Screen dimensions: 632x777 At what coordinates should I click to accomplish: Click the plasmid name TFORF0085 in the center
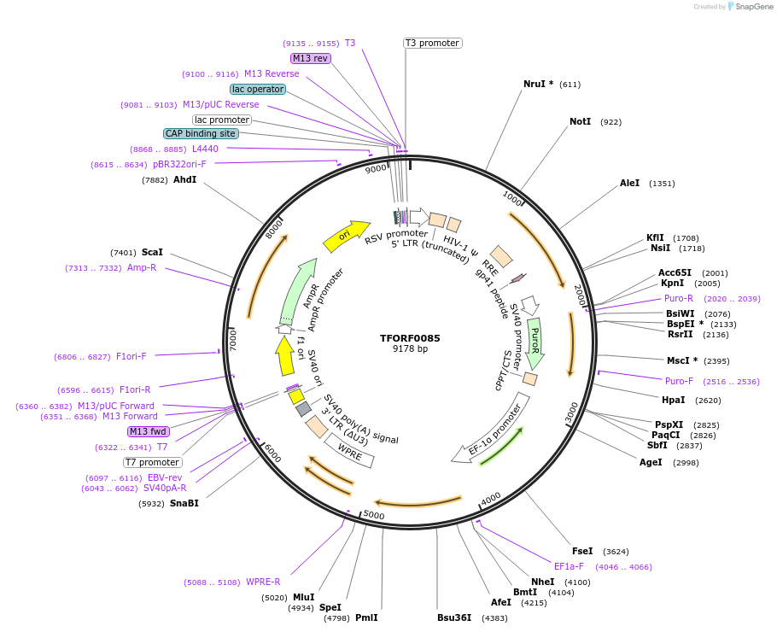tap(410, 338)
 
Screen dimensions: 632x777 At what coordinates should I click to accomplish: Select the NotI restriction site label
tap(580, 121)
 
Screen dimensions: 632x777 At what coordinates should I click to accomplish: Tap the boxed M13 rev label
tap(310, 58)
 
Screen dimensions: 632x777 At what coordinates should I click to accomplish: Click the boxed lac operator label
tap(258, 89)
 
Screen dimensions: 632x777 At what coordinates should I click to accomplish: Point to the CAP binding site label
tap(201, 133)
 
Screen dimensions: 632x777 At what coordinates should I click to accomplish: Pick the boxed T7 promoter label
tap(153, 462)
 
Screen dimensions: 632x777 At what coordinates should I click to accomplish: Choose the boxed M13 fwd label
tap(149, 431)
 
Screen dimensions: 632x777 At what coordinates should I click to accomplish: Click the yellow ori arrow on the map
tap(346, 235)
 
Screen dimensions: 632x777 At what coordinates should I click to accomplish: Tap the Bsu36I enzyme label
tap(454, 617)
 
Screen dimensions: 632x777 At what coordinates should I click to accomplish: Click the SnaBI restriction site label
tap(184, 503)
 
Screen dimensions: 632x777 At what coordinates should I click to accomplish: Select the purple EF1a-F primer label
tap(569, 566)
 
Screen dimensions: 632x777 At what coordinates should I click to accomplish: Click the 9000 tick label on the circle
tap(376, 169)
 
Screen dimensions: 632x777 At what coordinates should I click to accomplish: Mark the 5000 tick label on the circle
tap(374, 515)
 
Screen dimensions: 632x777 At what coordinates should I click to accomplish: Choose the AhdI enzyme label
tap(184, 180)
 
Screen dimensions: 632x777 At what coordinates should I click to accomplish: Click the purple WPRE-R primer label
tap(263, 582)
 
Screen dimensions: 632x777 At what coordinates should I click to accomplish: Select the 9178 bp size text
tap(410, 349)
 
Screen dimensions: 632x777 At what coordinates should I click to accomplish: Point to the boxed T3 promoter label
tap(432, 43)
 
